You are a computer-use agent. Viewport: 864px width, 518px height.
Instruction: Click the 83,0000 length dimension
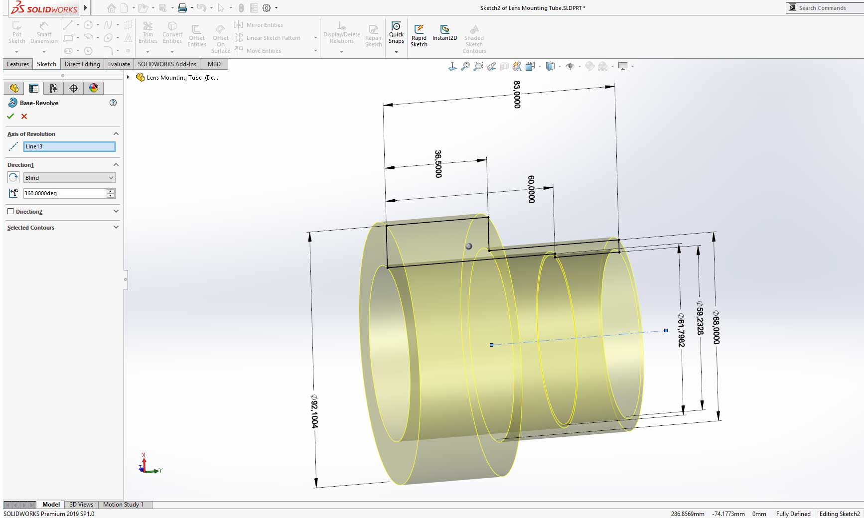(517, 95)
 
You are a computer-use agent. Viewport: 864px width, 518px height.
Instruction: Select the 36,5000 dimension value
(438, 164)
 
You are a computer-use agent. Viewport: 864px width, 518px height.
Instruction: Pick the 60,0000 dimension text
(531, 189)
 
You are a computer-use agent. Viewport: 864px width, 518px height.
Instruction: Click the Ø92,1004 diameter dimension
(314, 411)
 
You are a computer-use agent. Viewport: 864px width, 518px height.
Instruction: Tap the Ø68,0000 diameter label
(716, 327)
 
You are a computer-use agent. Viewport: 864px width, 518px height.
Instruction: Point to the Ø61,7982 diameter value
(681, 330)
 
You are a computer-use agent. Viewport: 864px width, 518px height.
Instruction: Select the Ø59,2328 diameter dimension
(700, 318)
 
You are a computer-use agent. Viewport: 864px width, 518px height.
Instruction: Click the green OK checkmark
(10, 116)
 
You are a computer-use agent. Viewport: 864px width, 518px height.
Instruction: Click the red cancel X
(24, 116)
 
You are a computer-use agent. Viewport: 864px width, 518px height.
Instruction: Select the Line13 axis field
(69, 146)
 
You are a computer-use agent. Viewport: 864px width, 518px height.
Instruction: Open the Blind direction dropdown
(69, 178)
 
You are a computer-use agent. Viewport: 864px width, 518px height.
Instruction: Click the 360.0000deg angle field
(64, 193)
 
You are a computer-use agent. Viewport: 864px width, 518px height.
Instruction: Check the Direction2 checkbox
(10, 211)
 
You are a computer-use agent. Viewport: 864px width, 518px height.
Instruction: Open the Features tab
(18, 64)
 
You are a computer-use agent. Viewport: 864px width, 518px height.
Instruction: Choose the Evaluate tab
(119, 64)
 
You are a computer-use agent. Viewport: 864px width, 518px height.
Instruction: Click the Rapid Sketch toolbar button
(419, 35)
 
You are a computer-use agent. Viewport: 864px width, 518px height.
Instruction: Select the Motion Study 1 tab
(123, 505)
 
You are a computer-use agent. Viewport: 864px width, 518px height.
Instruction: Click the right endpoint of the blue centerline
(666, 330)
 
